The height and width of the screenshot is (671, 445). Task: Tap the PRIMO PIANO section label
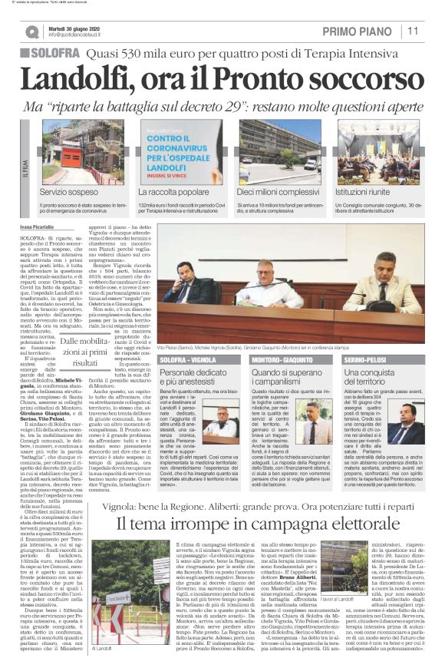[x=360, y=31]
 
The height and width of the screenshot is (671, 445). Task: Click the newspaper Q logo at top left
[x=32, y=31]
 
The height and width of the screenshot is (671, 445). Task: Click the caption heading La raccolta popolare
[x=173, y=190]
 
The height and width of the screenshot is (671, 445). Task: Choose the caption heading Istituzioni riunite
[x=370, y=190]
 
